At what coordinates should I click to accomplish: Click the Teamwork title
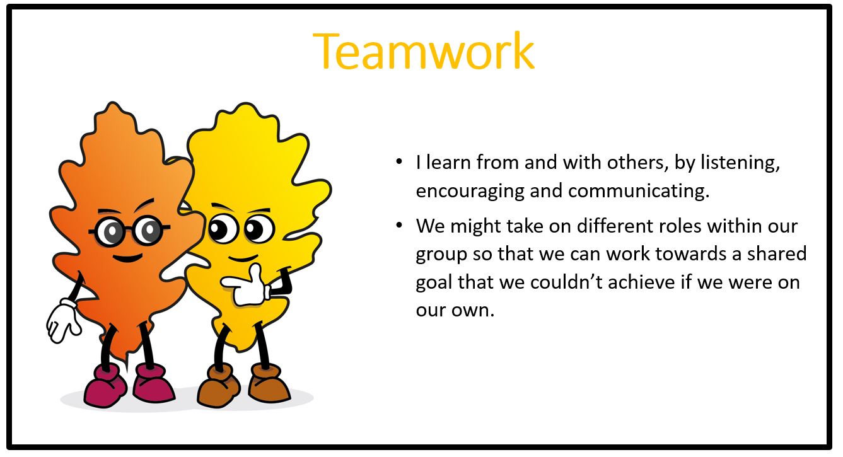423,51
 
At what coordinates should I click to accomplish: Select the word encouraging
470,192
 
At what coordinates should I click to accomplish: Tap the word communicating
639,192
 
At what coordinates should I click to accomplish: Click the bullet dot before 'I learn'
399,162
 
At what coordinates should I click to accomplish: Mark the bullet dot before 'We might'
399,226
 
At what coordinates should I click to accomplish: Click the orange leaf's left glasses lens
110,231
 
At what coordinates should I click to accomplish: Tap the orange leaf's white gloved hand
63,321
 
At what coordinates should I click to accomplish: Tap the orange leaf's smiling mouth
127,258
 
